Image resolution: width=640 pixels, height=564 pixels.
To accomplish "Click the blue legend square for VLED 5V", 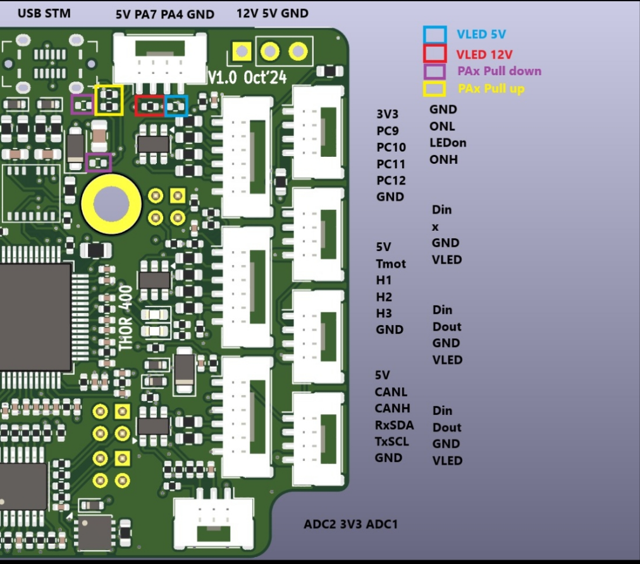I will pos(434,35).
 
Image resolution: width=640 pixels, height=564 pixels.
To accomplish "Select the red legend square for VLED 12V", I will pos(434,53).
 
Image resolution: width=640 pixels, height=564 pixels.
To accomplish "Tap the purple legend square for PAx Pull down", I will pos(434,71).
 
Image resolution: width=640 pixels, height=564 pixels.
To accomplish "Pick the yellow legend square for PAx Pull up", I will pos(434,89).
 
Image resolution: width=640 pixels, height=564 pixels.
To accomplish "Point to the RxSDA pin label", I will pos(394,425).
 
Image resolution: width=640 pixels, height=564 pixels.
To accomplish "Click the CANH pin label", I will pos(392,408).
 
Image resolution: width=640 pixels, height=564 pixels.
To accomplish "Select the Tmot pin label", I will pos(391,264).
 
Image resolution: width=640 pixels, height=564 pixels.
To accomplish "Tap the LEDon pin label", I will pos(448,143).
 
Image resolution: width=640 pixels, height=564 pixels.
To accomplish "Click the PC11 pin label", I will pos(391,164).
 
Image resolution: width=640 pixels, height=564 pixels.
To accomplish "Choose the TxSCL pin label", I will pos(392,441).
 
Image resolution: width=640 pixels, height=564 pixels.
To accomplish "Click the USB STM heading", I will pos(44,13).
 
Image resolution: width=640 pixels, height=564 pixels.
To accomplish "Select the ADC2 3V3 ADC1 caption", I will pos(350,524).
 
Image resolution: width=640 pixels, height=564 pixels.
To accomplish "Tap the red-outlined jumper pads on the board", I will pos(150,106).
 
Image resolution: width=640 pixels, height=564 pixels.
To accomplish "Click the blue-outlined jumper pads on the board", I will pos(176,106).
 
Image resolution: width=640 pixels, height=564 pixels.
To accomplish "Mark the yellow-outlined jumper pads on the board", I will pos(109,100).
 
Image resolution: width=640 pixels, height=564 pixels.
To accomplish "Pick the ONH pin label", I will pos(443,160).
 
